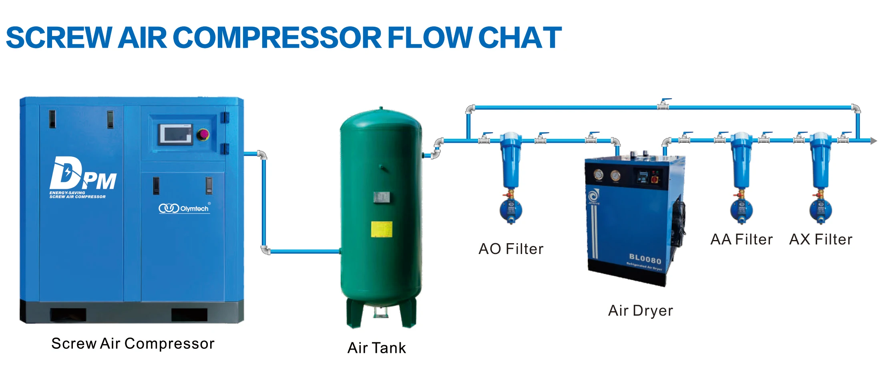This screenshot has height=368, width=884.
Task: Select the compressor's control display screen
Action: pos(175,134)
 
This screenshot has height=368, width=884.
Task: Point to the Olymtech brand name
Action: pos(194,209)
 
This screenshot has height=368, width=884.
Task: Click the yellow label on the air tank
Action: pos(381,229)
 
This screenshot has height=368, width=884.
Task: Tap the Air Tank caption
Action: pos(376,348)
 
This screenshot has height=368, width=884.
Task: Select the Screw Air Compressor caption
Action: pos(133,344)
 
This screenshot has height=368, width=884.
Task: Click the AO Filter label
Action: pos(511,249)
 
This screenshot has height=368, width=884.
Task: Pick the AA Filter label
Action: pos(741,240)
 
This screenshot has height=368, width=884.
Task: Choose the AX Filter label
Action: pos(821,240)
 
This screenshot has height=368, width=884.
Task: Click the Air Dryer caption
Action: pos(641,311)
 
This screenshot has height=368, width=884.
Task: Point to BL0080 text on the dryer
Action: pos(645,258)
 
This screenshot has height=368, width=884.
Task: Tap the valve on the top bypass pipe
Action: pos(663,105)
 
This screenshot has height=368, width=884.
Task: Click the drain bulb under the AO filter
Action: pos(511,210)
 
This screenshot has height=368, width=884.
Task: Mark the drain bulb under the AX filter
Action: pos(820,210)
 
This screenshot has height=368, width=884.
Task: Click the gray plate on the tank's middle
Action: pos(381,197)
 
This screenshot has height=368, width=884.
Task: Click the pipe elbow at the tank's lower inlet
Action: pos(265,251)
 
